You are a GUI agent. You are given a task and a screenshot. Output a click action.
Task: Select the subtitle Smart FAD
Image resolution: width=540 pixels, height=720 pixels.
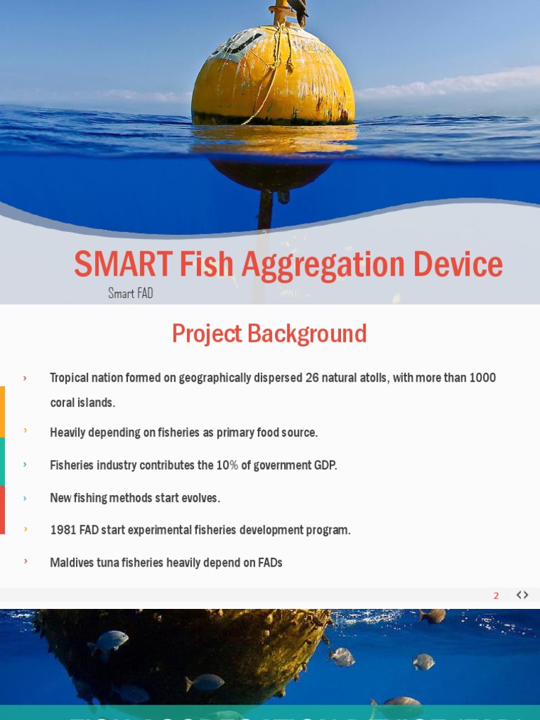click(130, 293)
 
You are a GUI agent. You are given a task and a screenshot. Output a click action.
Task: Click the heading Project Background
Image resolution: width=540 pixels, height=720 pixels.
click(269, 334)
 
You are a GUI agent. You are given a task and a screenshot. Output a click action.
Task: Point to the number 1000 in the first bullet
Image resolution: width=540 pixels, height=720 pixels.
click(483, 378)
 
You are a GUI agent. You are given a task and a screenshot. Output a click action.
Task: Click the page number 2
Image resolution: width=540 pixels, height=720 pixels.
click(496, 596)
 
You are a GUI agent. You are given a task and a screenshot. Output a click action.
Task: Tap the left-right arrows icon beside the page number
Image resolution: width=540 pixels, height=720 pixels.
click(522, 595)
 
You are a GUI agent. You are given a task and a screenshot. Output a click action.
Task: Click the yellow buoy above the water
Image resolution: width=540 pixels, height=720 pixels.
click(273, 77)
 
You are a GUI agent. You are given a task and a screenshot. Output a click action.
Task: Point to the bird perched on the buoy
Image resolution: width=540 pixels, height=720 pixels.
click(299, 11)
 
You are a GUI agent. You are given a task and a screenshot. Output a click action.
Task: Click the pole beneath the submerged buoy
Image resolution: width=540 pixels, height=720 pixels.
click(265, 209)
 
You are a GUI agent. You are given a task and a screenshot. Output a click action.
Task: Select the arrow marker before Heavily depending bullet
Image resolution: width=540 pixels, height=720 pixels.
click(25, 430)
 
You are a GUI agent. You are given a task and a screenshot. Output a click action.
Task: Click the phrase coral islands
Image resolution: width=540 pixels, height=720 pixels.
click(82, 403)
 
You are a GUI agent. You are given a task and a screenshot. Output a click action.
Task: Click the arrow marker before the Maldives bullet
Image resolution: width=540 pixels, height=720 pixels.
click(25, 561)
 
